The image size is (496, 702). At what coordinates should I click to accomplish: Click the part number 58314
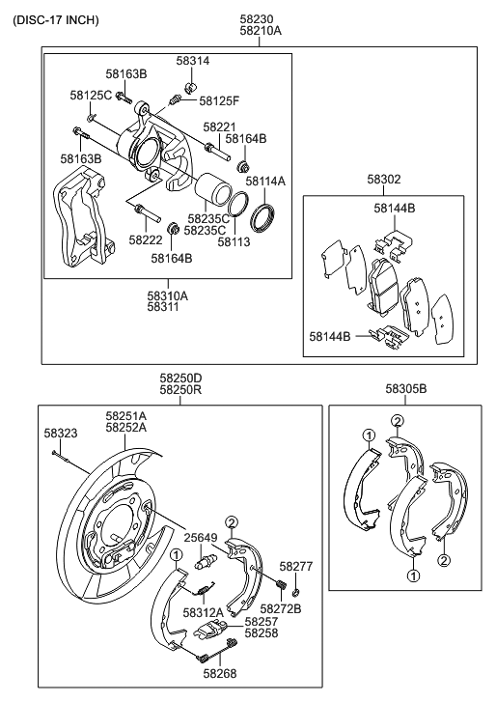click(x=192, y=61)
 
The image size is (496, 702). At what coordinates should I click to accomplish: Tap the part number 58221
click(x=219, y=127)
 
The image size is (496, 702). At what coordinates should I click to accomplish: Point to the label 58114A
click(x=264, y=181)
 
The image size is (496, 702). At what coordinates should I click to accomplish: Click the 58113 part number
click(x=234, y=242)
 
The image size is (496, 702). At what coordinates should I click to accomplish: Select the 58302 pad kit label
click(x=384, y=180)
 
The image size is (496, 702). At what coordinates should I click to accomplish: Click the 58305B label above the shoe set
click(x=405, y=389)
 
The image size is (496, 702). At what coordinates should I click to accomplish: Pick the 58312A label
click(x=204, y=612)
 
